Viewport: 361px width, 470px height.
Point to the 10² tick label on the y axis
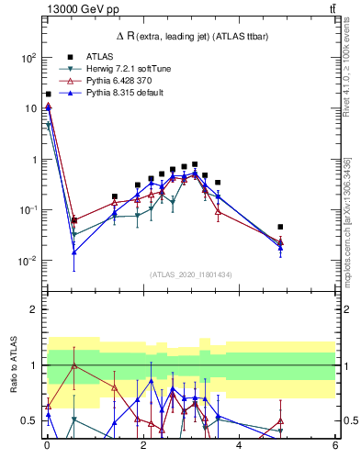pyautogui.click(x=28, y=57)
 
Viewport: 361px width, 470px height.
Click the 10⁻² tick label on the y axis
pyautogui.click(x=27, y=261)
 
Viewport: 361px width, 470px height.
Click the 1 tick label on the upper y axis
pyautogui.click(x=32, y=160)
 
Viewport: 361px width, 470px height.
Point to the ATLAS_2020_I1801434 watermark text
pyautogui.click(x=190, y=274)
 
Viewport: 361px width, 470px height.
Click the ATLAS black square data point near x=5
pyautogui.click(x=280, y=227)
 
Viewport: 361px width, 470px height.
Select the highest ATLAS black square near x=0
pyautogui.click(x=48, y=94)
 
